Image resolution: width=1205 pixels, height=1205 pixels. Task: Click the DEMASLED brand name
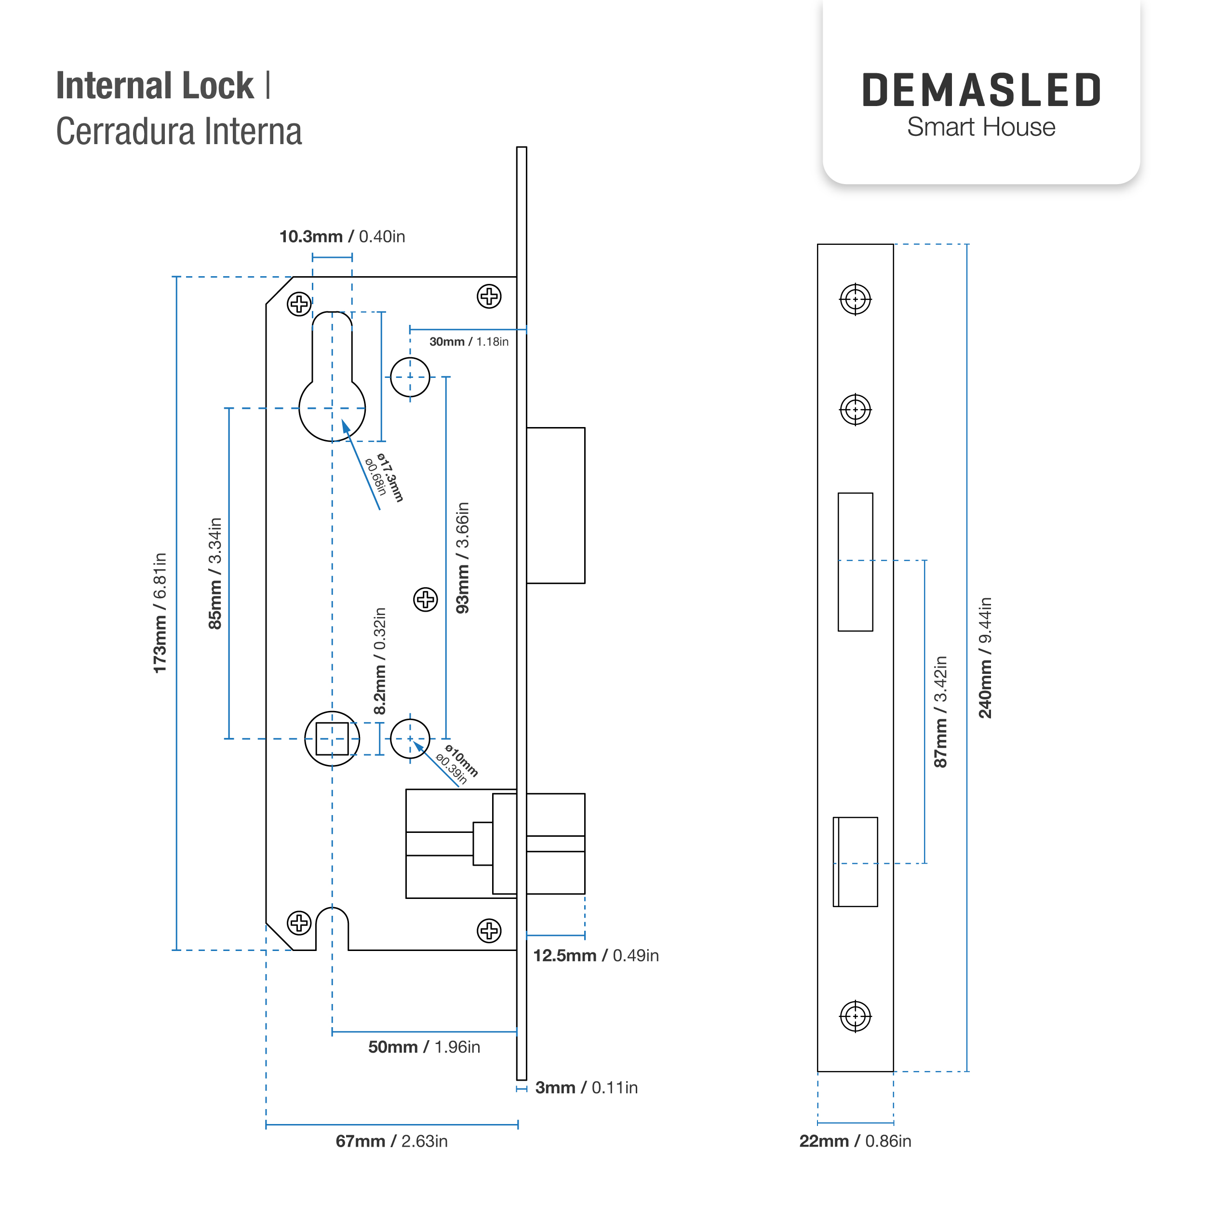click(981, 91)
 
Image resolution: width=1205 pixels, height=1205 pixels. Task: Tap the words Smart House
click(981, 127)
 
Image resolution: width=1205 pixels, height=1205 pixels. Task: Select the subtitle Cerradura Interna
click(179, 132)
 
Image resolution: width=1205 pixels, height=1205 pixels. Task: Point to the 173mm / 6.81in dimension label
click(161, 613)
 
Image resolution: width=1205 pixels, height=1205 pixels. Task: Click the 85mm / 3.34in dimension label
click(215, 573)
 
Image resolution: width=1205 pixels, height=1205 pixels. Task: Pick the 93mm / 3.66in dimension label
click(463, 558)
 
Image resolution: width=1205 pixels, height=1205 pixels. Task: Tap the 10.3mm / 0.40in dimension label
click(342, 236)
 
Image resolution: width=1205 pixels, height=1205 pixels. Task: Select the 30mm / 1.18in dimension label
click(469, 342)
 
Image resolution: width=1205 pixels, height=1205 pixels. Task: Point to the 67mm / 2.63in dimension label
click(392, 1141)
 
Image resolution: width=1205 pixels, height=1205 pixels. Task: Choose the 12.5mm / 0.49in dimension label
click(596, 955)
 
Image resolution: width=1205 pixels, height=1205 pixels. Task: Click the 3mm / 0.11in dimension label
click(586, 1088)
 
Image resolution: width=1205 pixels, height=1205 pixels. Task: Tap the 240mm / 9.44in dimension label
click(985, 657)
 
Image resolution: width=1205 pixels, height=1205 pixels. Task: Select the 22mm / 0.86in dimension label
click(855, 1141)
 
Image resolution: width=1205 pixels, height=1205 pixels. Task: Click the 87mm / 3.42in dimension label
click(940, 711)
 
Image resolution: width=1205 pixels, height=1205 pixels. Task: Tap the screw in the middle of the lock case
click(426, 600)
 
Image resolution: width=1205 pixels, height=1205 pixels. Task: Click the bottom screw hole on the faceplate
click(855, 1017)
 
